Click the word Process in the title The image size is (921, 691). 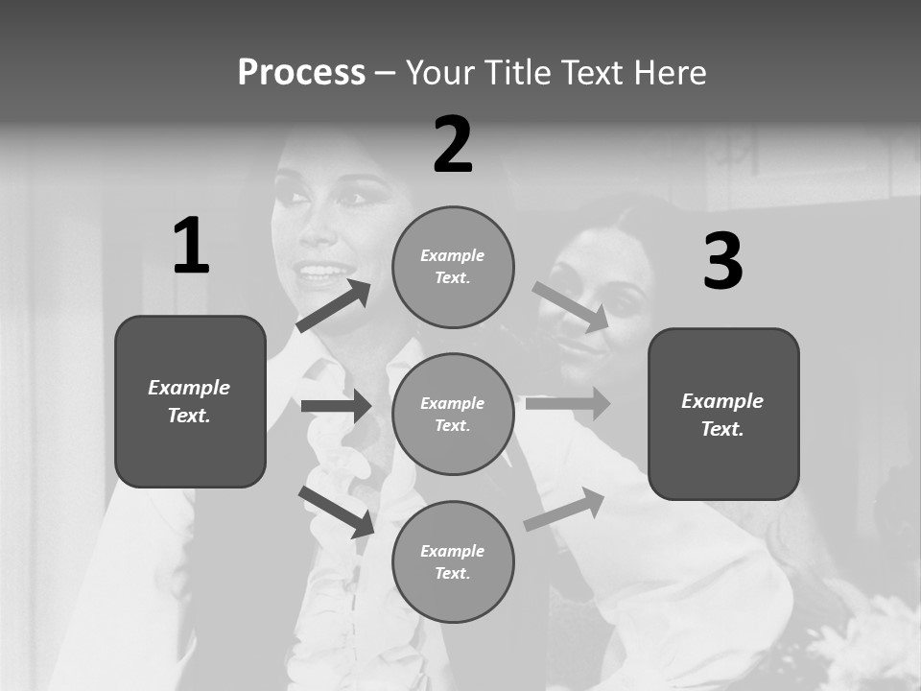[301, 73]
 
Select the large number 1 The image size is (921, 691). [191, 247]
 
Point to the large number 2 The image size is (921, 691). [453, 145]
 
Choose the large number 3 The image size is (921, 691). [722, 262]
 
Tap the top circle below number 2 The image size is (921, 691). [453, 267]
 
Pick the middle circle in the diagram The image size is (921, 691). [453, 415]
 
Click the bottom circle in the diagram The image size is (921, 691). [453, 562]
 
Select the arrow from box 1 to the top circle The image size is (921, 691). [333, 306]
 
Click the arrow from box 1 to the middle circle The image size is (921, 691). [336, 406]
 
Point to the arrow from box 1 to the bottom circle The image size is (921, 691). [336, 511]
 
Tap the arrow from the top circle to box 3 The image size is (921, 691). [571, 305]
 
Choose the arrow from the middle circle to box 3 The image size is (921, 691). [568, 404]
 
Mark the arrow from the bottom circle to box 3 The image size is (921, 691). [564, 509]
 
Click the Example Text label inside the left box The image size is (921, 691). [189, 401]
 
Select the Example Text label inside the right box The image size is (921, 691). [722, 415]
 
